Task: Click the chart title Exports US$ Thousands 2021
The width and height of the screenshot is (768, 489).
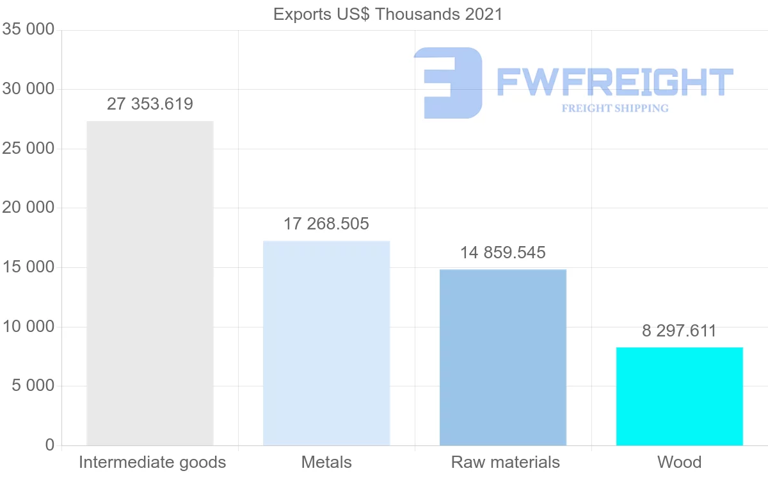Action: coord(388,13)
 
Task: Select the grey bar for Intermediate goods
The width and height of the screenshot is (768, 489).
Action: coord(150,283)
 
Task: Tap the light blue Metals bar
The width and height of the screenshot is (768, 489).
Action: coord(326,343)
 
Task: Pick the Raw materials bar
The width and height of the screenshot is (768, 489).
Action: coord(503,357)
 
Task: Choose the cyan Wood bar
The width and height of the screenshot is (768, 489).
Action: coord(679,396)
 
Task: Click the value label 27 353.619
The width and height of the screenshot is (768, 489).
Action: coord(150,104)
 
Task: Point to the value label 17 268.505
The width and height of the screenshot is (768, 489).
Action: coord(326,224)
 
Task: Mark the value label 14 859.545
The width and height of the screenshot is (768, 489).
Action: coord(503,253)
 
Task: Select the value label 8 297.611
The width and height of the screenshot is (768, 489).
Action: coord(679,331)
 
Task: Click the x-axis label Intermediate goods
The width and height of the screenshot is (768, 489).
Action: coord(152,462)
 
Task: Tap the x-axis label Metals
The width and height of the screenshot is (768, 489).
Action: coord(326,462)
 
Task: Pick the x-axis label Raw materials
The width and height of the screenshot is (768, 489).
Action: coord(506,462)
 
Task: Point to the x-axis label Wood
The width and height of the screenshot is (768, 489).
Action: coord(679,462)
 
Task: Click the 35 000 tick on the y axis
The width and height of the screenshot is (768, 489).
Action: coord(28,29)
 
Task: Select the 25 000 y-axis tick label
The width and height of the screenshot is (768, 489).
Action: coord(28,149)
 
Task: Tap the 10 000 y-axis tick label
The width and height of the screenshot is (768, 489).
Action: coord(28,327)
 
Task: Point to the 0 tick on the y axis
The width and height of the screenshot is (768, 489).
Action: coord(50,445)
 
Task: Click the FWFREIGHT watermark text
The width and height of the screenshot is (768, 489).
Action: coord(615,82)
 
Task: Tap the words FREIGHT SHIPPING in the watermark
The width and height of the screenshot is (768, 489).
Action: coord(615,108)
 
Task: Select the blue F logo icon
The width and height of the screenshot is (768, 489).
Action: coord(448,83)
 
